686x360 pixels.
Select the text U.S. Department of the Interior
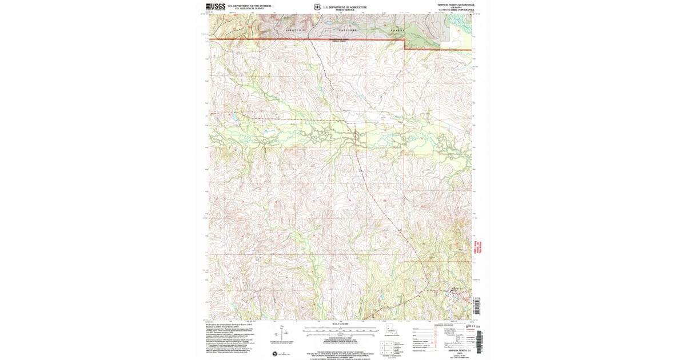point(245,6)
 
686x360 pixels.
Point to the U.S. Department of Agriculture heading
point(345,7)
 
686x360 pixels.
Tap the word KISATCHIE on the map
point(296,29)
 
